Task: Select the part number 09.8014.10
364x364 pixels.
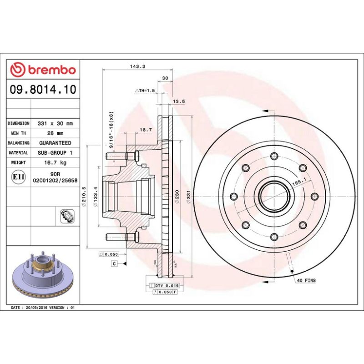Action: (x=43, y=89)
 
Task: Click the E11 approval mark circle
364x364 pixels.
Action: (x=19, y=177)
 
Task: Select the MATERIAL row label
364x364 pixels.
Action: (x=19, y=153)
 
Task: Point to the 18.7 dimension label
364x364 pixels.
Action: (x=145, y=130)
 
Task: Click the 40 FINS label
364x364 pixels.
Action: (x=306, y=281)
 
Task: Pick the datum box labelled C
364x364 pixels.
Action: (x=114, y=263)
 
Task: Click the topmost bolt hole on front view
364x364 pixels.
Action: (x=274, y=156)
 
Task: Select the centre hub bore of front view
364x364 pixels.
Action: (x=274, y=196)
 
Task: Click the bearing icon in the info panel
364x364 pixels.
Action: (x=66, y=216)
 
